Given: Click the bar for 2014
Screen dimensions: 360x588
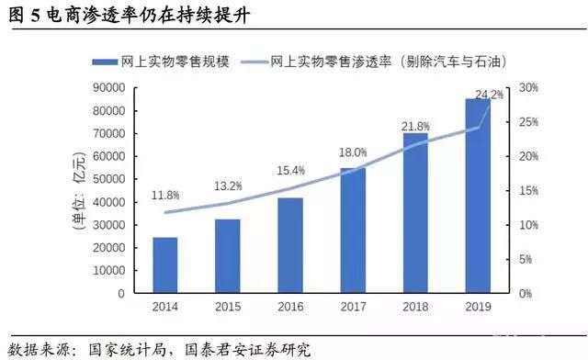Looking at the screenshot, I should (164, 265).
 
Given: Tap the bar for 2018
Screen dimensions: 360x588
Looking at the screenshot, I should (415, 213).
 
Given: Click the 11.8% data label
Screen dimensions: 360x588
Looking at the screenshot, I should (164, 196).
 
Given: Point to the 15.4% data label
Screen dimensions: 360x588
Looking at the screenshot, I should (290, 171).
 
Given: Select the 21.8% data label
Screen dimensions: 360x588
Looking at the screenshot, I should (415, 125).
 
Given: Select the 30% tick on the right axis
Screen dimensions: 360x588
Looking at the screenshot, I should (528, 88).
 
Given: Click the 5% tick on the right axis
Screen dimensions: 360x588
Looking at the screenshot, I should (526, 260).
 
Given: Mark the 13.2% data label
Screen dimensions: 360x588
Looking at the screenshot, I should (228, 187).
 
